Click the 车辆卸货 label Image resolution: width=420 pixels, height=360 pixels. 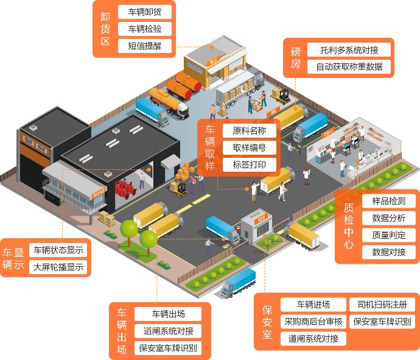click(x=144, y=12)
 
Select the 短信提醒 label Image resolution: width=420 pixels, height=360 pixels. click(x=144, y=46)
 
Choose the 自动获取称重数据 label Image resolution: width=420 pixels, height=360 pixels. click(x=349, y=67)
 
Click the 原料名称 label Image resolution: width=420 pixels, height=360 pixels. click(x=250, y=130)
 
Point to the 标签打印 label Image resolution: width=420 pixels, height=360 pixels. click(x=250, y=164)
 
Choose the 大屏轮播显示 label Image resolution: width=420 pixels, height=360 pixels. click(x=58, y=267)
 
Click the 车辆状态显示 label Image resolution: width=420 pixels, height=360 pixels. click(x=58, y=250)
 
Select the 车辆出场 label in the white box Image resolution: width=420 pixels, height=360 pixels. click(x=169, y=314)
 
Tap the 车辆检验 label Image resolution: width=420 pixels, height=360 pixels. click(x=144, y=29)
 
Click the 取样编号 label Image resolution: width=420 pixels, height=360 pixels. click(x=250, y=147)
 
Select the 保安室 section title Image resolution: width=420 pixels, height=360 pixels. click(x=267, y=322)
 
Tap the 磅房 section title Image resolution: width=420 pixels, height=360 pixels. click(x=295, y=58)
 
